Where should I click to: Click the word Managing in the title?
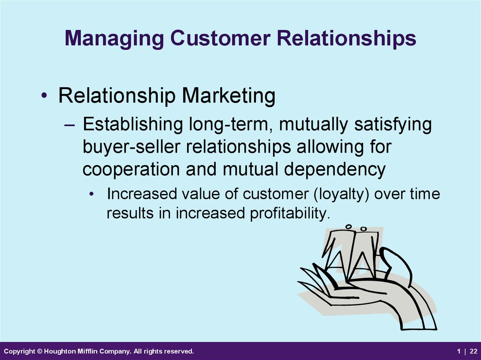pos(115,39)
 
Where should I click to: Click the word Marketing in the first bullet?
pos(229,96)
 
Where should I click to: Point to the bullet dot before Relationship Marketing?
pos(44,96)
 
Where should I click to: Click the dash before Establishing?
pos(70,125)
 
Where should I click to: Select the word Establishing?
pos(133,124)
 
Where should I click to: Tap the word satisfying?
pos(393,124)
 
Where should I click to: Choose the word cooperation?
pos(131,169)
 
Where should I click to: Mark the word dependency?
pos(334,169)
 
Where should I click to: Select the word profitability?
pos(290,213)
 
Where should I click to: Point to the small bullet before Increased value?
pos(91,194)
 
